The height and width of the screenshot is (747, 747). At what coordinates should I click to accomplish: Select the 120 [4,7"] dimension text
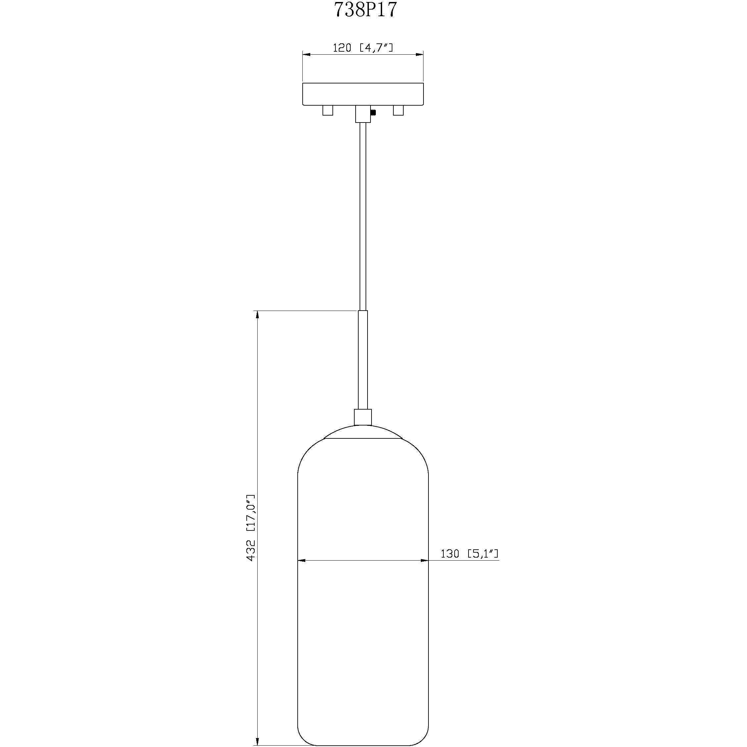click(x=363, y=48)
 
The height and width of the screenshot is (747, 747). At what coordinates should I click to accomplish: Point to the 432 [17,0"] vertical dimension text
click(x=251, y=528)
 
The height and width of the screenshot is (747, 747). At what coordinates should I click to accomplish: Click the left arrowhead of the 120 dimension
click(x=306, y=55)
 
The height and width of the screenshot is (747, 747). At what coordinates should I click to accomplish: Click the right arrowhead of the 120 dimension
click(x=420, y=55)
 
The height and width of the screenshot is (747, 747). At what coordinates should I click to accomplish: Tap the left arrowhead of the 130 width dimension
click(x=302, y=560)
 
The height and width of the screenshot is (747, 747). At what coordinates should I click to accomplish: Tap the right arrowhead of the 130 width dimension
click(x=424, y=560)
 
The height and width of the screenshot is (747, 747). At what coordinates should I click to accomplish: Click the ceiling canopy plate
click(x=363, y=94)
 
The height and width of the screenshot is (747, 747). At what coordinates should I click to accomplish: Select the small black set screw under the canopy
click(x=373, y=113)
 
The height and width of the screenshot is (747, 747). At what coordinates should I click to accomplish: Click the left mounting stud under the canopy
click(x=327, y=110)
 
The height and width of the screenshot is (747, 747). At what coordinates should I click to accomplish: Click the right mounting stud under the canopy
click(x=398, y=110)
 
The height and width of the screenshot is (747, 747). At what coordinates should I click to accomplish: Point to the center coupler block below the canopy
click(x=363, y=114)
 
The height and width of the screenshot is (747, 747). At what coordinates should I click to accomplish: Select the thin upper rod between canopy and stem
click(x=363, y=217)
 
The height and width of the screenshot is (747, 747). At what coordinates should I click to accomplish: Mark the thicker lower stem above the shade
click(x=363, y=360)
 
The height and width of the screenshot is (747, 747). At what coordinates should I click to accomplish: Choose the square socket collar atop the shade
click(x=363, y=417)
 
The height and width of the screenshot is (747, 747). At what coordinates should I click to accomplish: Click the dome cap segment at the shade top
click(x=363, y=432)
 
